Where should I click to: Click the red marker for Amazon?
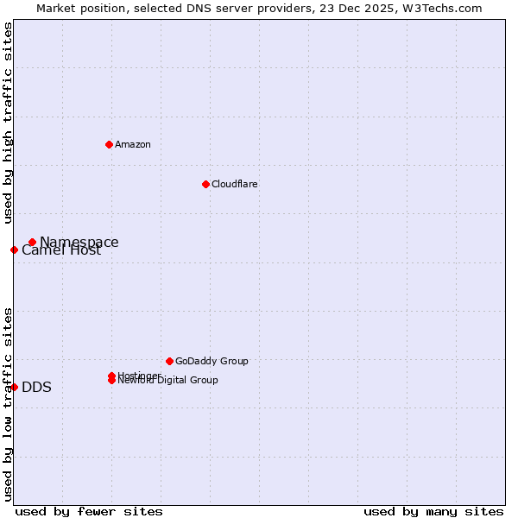pyautogui.click(x=109, y=144)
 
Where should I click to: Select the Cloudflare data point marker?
pyautogui.click(x=205, y=184)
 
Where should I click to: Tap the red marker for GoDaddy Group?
pyautogui.click(x=169, y=361)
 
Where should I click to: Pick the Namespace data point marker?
pyautogui.click(x=32, y=243)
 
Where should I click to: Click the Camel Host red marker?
pyautogui.click(x=14, y=250)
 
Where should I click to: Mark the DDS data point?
pyautogui.click(x=14, y=387)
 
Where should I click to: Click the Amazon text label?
pyautogui.click(x=132, y=144)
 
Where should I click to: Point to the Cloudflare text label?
pyautogui.click(x=234, y=184)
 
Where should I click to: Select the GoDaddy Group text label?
pyautogui.click(x=212, y=361)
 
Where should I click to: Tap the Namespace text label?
pyautogui.click(x=79, y=243)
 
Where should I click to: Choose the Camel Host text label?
pyautogui.click(x=61, y=251)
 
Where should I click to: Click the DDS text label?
pyautogui.click(x=36, y=387)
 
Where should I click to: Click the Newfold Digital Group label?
pyautogui.click(x=168, y=381)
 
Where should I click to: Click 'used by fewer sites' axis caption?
pyautogui.click(x=89, y=511)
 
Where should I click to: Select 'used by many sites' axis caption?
pyautogui.click(x=433, y=511)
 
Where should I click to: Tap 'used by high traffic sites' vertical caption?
pyautogui.click(x=8, y=123)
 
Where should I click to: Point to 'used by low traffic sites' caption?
pyautogui.click(x=8, y=403)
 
